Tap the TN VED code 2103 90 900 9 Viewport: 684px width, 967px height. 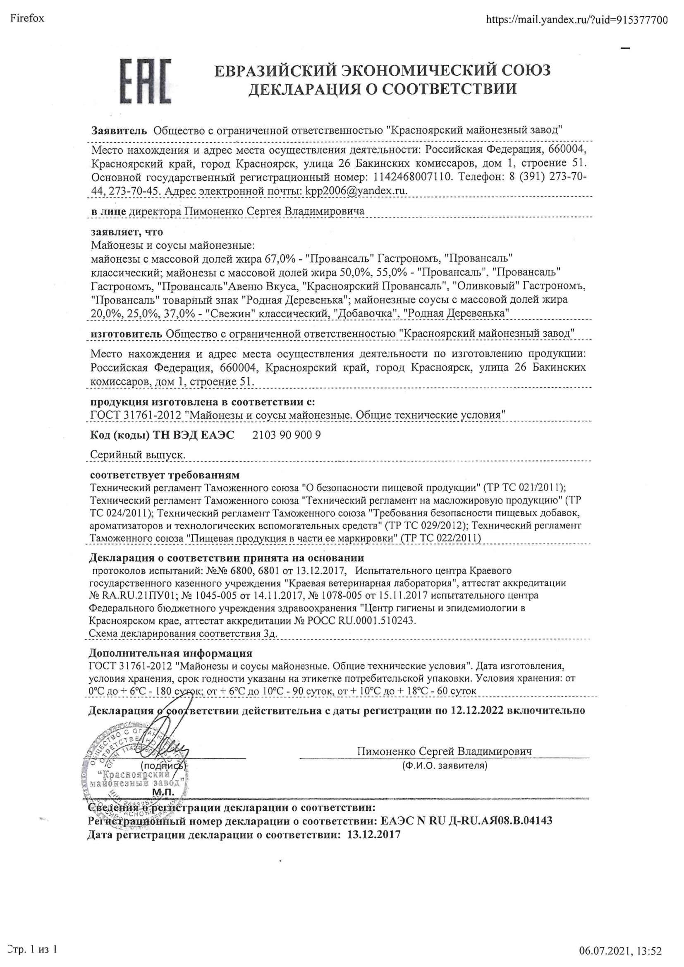pos(287,435)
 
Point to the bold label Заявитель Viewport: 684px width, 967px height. pos(120,130)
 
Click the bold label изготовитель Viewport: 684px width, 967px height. pos(127,333)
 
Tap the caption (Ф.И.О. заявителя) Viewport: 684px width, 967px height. pos(444,765)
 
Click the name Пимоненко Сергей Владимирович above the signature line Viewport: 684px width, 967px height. pos(444,751)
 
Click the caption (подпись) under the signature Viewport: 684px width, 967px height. pos(163,765)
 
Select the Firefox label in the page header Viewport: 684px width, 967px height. pos(27,18)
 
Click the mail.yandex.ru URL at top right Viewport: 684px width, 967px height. pos(576,19)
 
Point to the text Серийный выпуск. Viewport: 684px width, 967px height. pos(138,455)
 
